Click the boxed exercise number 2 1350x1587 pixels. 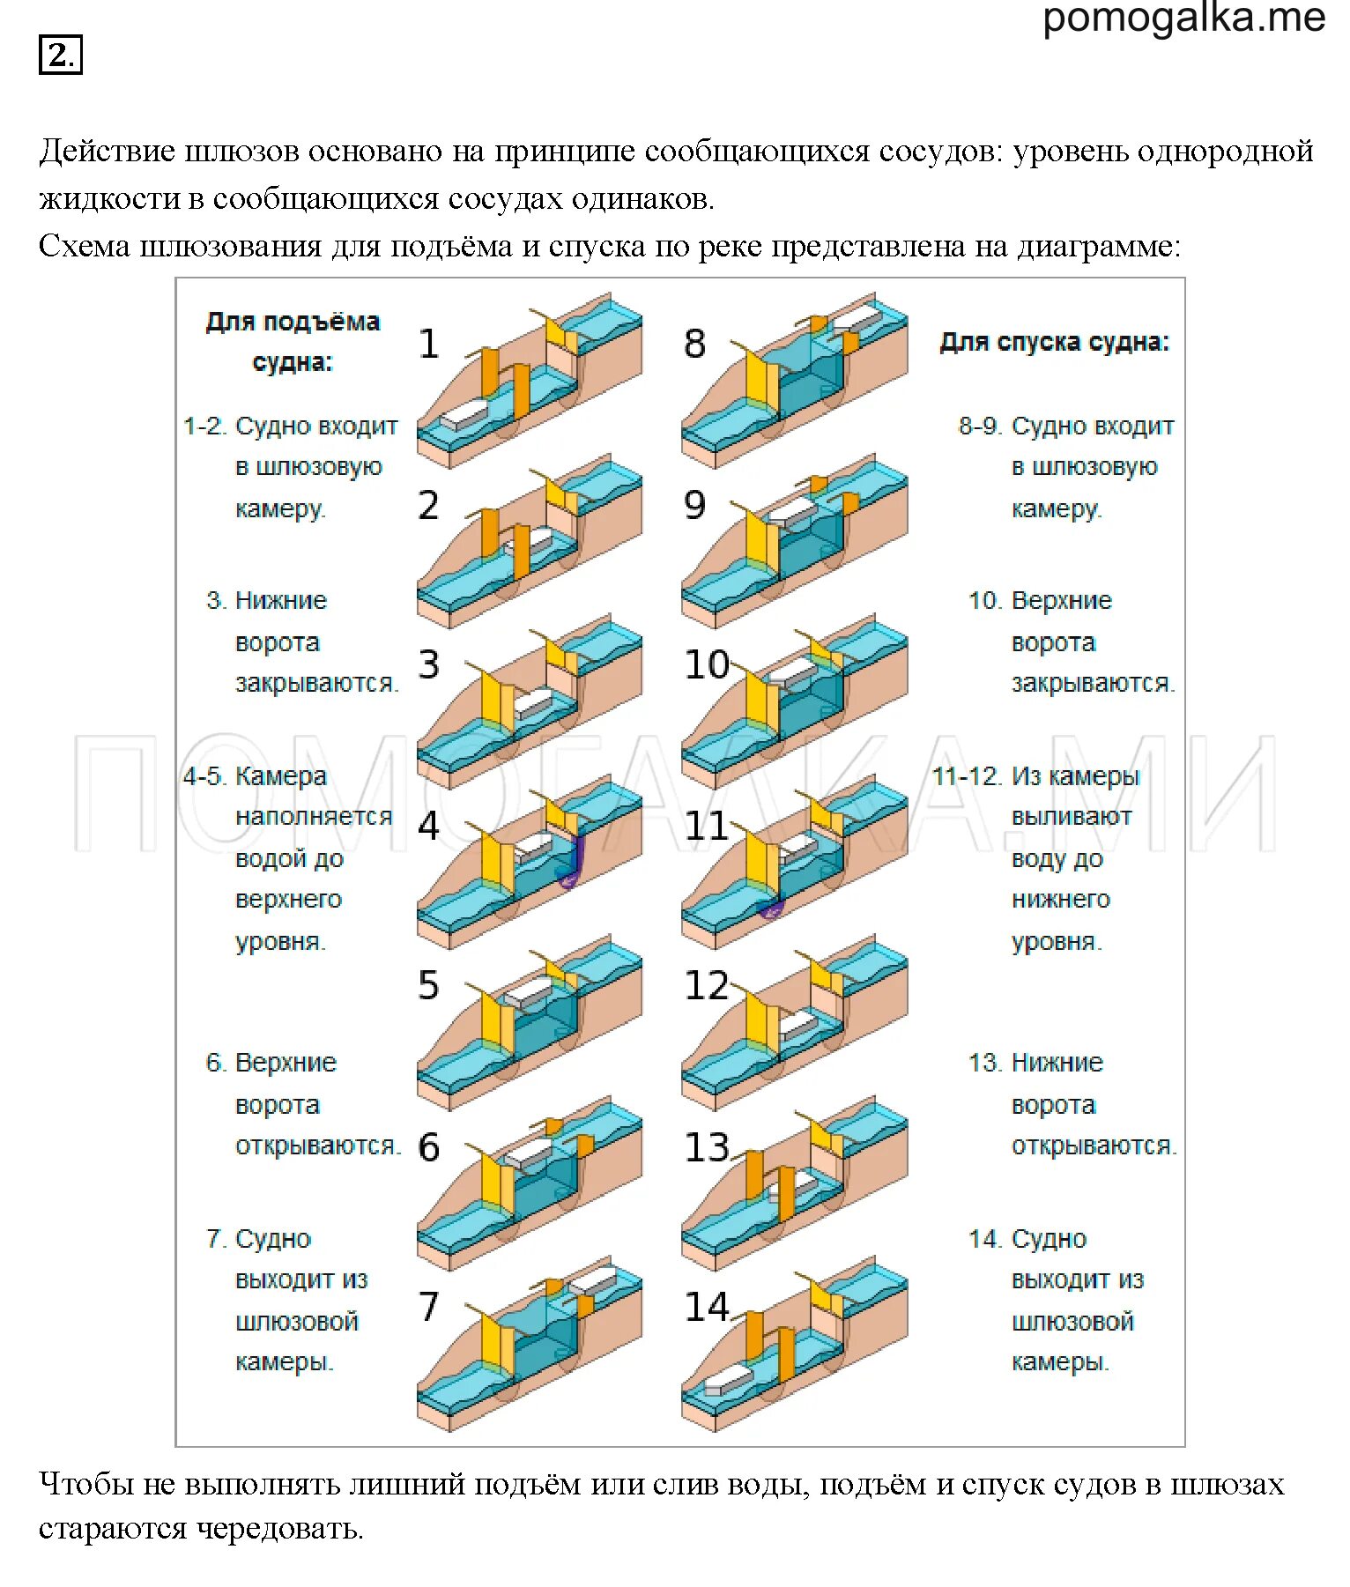click(x=60, y=56)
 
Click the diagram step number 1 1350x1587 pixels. click(x=428, y=344)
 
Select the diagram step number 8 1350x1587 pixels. click(x=694, y=344)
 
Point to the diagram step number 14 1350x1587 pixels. click(x=707, y=1307)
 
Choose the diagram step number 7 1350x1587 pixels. click(x=428, y=1307)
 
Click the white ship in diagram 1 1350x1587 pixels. click(x=464, y=414)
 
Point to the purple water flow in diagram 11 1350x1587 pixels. click(x=770, y=908)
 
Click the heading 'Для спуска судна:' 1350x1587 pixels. click(x=1054, y=342)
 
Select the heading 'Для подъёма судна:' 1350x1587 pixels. click(x=293, y=342)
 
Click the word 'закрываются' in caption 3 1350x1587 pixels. click(x=315, y=684)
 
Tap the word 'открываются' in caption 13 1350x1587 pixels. click(x=1093, y=1146)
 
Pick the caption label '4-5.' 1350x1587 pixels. click(x=205, y=777)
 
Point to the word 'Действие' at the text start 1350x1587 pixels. click(x=107, y=152)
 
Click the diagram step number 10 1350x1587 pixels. click(x=707, y=665)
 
